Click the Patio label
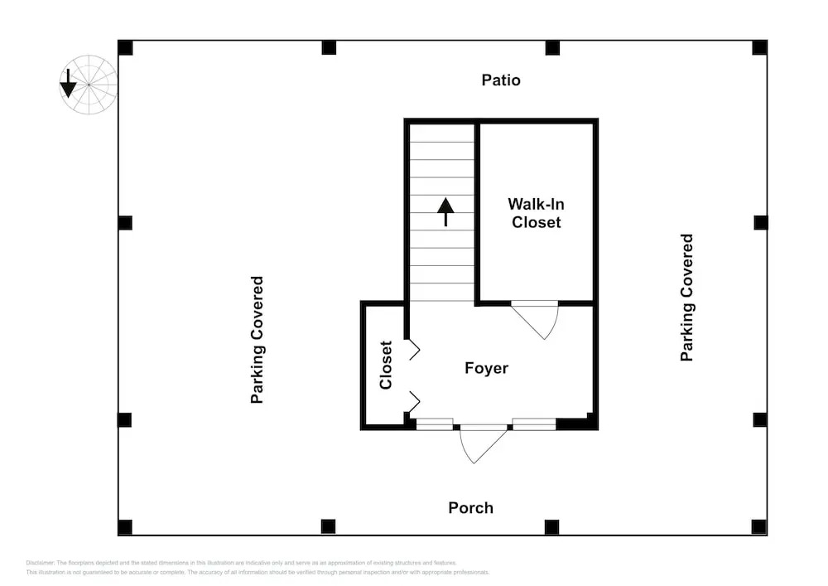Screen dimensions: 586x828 tap(501, 80)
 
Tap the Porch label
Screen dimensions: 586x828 tap(470, 507)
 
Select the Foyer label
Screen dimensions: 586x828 tap(486, 368)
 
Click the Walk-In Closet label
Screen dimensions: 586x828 tap(536, 213)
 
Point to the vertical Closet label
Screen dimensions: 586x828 tap(386, 365)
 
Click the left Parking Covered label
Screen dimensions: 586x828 tap(258, 340)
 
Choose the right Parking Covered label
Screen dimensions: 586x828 tap(686, 298)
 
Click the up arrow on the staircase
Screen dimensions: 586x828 tap(446, 211)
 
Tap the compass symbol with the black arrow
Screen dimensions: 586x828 tap(88, 84)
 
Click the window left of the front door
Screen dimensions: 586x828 tap(434, 424)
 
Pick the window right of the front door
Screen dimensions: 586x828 tap(533, 424)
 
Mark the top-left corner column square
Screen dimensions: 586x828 tap(125, 47)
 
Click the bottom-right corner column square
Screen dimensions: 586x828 tap(758, 526)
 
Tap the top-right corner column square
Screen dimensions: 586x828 tap(759, 47)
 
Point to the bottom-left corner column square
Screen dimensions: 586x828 tap(125, 526)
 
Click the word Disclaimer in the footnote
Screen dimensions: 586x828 tap(41, 563)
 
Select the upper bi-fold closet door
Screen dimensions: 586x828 tap(412, 350)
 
